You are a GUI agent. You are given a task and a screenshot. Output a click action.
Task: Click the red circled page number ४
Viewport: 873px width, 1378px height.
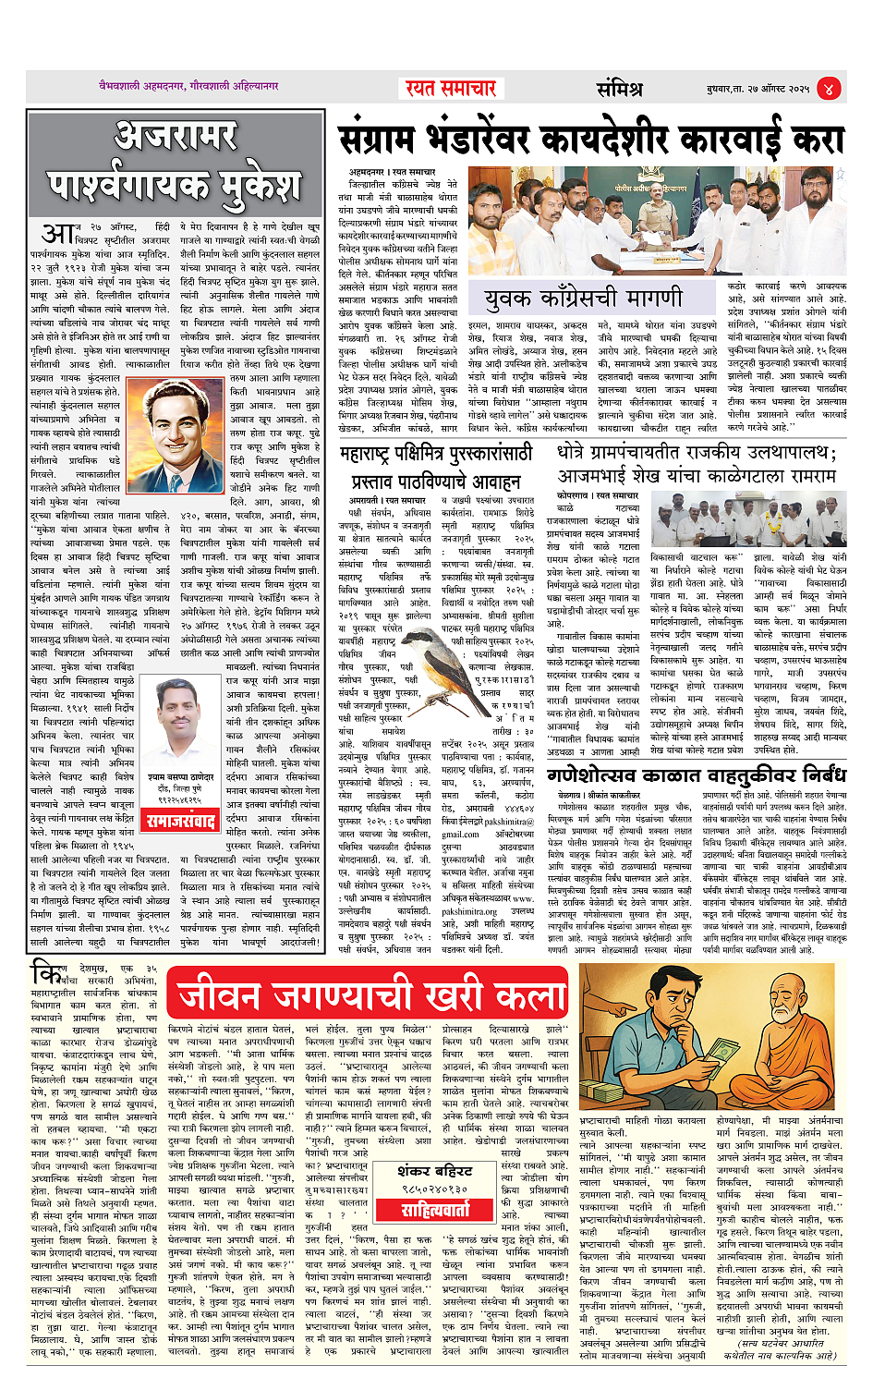(x=829, y=89)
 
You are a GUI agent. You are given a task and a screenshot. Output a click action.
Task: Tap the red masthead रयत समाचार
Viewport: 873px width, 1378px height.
(x=451, y=89)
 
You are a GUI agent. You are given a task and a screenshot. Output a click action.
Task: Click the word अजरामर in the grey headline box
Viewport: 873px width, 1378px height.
(x=176, y=137)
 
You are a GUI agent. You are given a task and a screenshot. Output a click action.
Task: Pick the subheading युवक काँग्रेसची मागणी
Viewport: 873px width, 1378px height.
(x=584, y=299)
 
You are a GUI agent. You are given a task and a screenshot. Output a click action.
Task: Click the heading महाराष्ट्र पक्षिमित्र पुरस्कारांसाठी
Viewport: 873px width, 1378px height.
(x=436, y=455)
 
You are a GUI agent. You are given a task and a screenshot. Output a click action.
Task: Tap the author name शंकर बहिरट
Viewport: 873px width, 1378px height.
(x=434, y=1171)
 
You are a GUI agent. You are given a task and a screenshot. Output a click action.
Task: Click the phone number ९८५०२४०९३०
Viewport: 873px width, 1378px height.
(x=434, y=1189)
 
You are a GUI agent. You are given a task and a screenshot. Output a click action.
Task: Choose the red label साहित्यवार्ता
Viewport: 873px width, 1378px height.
(x=434, y=1209)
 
